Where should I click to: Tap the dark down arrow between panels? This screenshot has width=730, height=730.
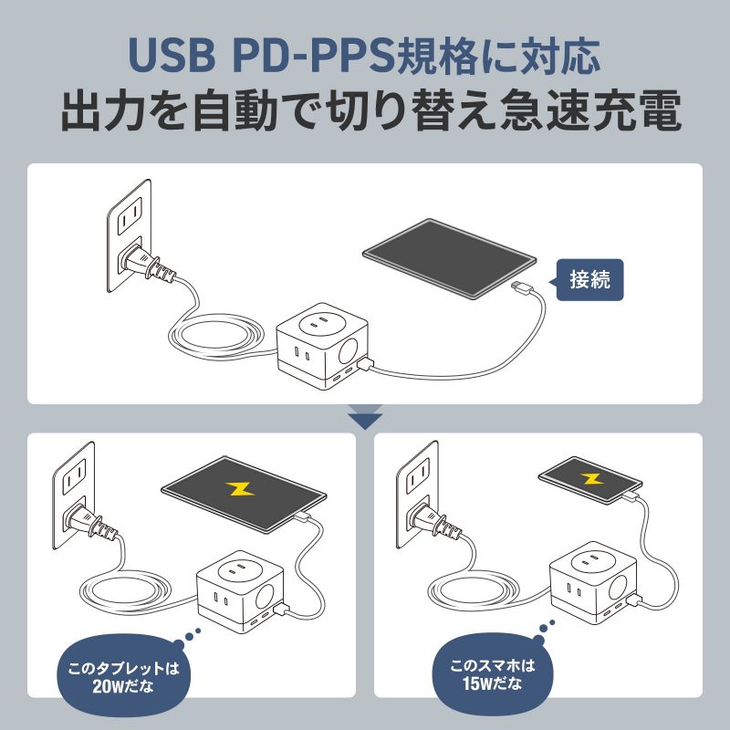[x=365, y=420]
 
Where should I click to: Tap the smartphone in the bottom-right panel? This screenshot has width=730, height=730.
[x=589, y=478]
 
